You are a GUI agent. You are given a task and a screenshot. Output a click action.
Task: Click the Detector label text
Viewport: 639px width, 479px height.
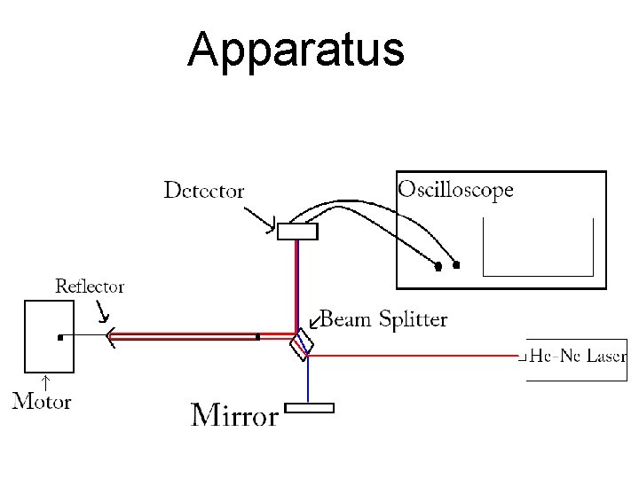(204, 190)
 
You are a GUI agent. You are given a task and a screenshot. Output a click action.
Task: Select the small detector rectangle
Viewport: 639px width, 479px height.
(296, 232)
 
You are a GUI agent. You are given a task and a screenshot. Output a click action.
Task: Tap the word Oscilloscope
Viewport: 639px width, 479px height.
(455, 189)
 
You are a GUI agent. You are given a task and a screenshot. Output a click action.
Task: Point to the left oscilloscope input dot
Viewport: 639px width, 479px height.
(438, 265)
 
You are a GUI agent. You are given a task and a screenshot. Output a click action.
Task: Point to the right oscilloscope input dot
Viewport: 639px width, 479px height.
(457, 264)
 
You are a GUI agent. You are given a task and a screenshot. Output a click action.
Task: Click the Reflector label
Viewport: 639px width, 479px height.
(90, 286)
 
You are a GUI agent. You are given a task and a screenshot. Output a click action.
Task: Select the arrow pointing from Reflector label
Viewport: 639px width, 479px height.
(102, 310)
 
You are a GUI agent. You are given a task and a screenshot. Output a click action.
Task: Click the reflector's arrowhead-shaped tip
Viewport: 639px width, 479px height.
(110, 336)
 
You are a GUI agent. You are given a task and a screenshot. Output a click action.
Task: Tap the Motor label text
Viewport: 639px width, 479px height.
(42, 401)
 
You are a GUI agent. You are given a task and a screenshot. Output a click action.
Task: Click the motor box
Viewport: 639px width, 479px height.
(48, 336)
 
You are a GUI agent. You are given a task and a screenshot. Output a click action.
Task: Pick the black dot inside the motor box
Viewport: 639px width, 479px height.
(59, 337)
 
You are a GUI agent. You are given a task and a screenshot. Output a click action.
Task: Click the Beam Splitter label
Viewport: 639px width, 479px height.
(383, 318)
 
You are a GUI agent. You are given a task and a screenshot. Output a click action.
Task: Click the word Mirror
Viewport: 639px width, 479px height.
(235, 414)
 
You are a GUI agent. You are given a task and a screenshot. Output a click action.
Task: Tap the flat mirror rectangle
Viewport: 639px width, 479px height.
(309, 408)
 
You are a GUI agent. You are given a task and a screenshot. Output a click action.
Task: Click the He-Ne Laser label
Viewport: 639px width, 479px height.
(578, 357)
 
